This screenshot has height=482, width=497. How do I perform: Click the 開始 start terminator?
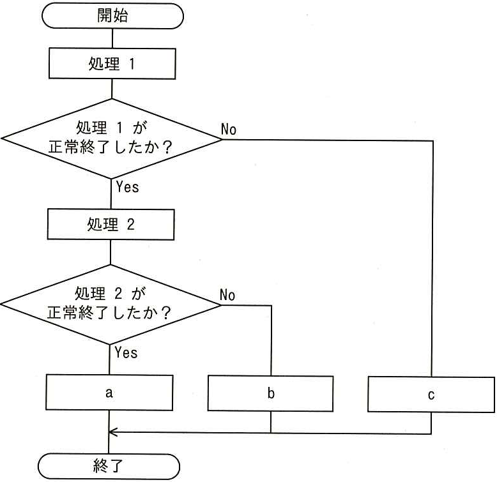(x=112, y=16)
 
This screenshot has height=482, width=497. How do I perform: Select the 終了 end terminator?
(x=109, y=466)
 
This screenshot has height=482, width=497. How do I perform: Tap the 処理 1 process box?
(x=112, y=63)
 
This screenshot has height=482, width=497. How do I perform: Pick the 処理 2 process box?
(x=111, y=224)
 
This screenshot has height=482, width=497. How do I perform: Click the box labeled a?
(x=109, y=393)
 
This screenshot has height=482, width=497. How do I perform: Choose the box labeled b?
(x=270, y=393)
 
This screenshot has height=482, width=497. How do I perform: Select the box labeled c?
(x=431, y=395)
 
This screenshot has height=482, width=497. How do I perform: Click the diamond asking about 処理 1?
(x=112, y=139)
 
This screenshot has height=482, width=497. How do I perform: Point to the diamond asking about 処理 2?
(x=111, y=305)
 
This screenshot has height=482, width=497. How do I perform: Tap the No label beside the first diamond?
(x=229, y=129)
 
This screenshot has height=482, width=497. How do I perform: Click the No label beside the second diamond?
(x=227, y=295)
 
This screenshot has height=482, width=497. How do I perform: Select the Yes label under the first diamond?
(x=127, y=186)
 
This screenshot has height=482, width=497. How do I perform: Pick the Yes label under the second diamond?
(x=126, y=352)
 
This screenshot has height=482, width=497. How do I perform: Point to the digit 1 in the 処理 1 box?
(x=132, y=64)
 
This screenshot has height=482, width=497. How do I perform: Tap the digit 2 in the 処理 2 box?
(x=131, y=225)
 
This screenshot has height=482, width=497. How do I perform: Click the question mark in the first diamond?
(x=167, y=147)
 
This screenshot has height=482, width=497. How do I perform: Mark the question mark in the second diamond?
(x=165, y=313)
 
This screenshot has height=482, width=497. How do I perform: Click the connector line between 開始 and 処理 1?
(x=112, y=39)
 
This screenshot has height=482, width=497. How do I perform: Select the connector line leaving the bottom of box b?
(x=271, y=422)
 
